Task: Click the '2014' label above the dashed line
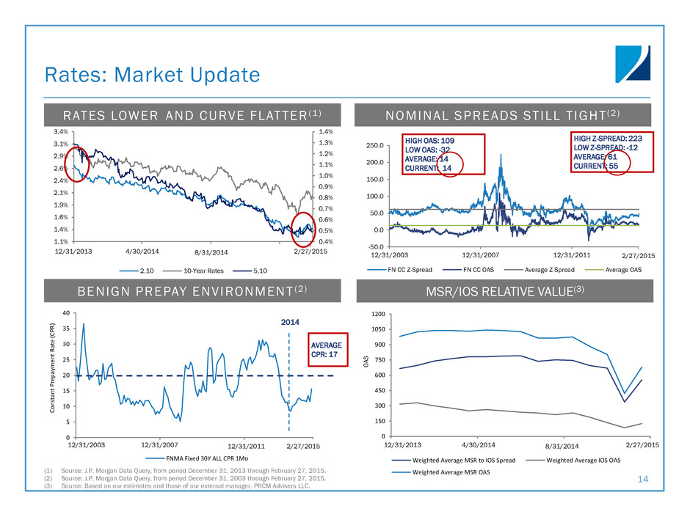292,320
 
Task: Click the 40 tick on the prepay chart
65,313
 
